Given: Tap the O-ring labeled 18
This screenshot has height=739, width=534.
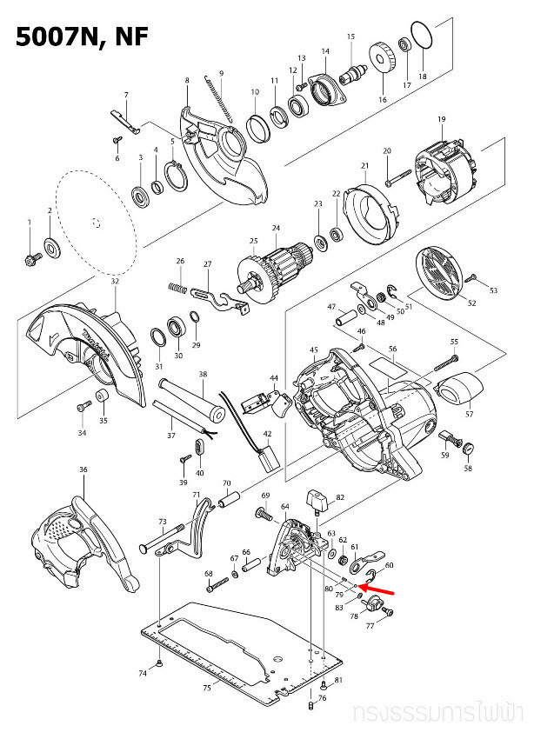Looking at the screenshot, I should (x=422, y=36).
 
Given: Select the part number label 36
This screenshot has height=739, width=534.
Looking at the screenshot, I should (x=83, y=469).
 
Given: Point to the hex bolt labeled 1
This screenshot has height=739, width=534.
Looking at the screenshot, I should (x=30, y=257).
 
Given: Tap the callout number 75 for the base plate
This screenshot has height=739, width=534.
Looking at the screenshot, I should (x=206, y=689).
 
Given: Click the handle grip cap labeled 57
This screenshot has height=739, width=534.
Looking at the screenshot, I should (x=459, y=388).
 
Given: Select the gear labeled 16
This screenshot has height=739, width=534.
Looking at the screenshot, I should (x=383, y=61).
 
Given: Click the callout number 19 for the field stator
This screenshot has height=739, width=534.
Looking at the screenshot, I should (x=441, y=119).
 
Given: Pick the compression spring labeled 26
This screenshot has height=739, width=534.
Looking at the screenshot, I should (x=177, y=286).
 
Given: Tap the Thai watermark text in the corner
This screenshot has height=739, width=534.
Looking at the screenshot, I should (x=440, y=715).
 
